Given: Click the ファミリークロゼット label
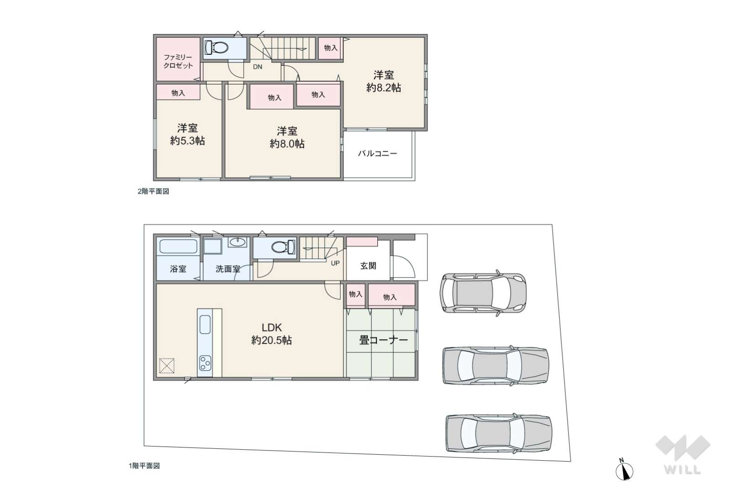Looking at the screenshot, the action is click(178, 62).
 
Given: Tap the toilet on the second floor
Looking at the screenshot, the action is click(216, 47).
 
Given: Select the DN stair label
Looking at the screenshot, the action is click(257, 67).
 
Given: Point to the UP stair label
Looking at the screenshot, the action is click(335, 263).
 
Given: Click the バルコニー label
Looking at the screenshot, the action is click(378, 154).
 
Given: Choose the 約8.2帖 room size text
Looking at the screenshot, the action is click(384, 88).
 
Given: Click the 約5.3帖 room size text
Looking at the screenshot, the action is click(188, 141).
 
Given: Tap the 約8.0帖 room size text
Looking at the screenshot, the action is click(287, 144).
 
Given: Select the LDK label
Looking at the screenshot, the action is click(272, 327).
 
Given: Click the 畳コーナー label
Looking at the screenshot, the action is click(384, 340).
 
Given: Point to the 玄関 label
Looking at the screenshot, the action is click(368, 266).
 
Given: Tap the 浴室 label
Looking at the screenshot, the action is click(178, 269).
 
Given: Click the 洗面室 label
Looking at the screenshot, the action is click(228, 269).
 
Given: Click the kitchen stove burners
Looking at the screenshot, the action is click(205, 363).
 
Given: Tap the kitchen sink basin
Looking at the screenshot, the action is click(205, 324).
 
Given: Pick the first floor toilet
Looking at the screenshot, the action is click(283, 247).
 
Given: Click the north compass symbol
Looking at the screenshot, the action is click(624, 470).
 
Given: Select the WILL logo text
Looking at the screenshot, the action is click(682, 470).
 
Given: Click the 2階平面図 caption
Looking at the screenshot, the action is click(154, 191).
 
